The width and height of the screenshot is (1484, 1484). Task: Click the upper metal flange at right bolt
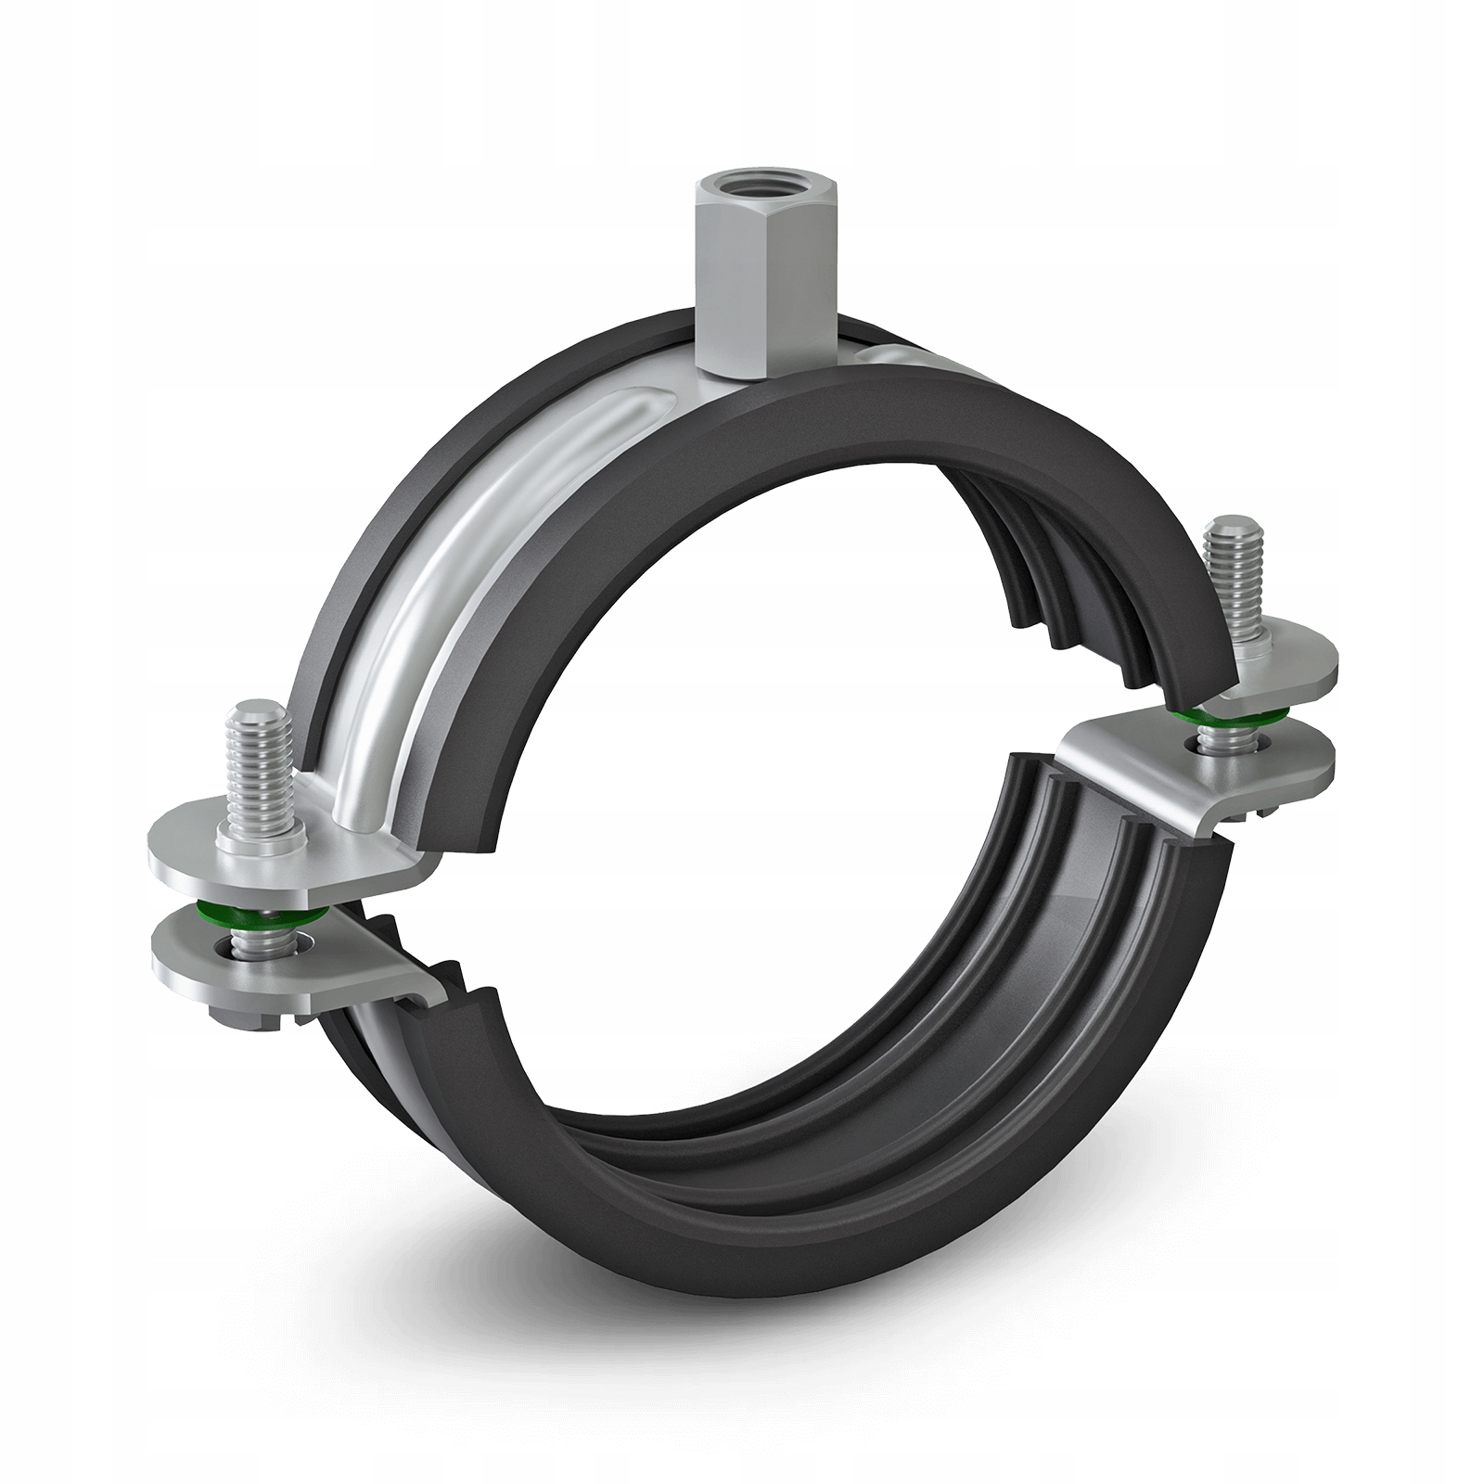tap(1289, 663)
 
